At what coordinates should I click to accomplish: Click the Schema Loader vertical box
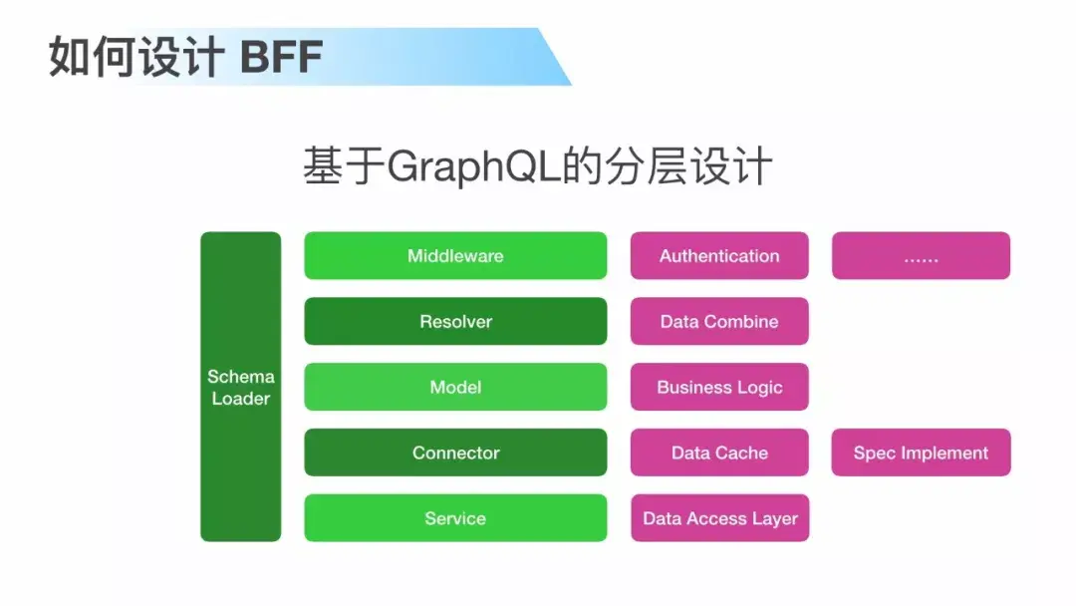[241, 387]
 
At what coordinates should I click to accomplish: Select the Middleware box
[455, 256]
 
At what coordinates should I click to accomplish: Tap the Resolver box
[455, 322]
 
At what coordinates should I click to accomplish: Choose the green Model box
[455, 387]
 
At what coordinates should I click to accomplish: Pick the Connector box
[455, 453]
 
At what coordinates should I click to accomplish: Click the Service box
[455, 518]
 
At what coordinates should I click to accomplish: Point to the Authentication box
[719, 256]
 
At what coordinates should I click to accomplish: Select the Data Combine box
[719, 322]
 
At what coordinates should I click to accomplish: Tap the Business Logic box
[719, 387]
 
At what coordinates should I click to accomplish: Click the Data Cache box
[719, 453]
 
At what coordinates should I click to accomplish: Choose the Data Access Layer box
[719, 518]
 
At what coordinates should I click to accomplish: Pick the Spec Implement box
[921, 453]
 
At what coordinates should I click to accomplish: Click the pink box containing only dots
[921, 256]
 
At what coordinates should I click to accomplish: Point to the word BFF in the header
[282, 58]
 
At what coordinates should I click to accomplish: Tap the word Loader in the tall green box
[241, 399]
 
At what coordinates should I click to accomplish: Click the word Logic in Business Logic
[760, 388]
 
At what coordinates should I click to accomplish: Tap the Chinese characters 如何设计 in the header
[134, 58]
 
